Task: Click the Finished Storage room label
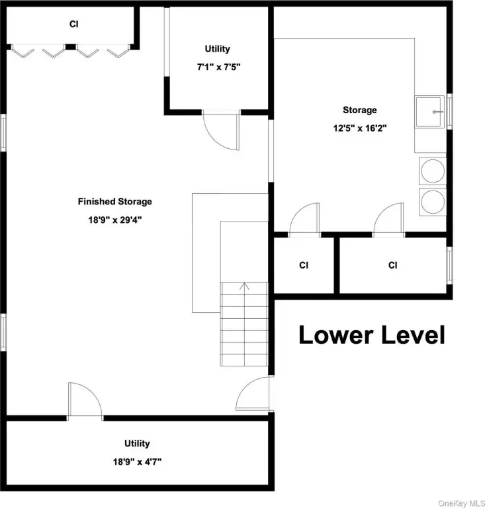114,202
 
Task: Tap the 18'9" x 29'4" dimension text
115,220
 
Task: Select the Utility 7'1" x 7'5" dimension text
219,67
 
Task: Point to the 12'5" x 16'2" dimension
360,128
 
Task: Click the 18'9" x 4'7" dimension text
137,461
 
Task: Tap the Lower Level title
372,335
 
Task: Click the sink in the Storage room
429,112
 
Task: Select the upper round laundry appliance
433,171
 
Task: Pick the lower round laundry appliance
433,202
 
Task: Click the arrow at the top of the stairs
244,286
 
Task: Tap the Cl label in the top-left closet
74,24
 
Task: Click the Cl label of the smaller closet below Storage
304,265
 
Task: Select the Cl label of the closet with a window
392,265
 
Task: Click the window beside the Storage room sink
449,111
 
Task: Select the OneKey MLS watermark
461,503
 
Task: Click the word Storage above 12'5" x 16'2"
360,110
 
